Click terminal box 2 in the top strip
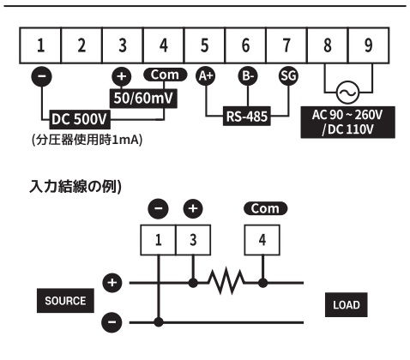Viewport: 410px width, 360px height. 81,45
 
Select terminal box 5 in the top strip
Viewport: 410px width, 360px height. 204,45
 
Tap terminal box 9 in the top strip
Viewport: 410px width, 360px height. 369,45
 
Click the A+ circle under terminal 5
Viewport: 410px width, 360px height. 206,76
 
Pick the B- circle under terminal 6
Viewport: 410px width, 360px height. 248,76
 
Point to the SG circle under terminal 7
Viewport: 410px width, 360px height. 288,76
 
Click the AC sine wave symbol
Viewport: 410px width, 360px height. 348,93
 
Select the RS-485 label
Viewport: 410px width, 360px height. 247,117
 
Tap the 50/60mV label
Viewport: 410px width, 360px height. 143,99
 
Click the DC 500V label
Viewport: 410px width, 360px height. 80,119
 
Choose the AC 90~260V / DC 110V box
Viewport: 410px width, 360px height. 348,123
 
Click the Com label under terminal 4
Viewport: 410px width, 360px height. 165,75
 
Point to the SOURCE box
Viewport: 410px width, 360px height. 65,301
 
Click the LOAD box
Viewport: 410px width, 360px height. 347,305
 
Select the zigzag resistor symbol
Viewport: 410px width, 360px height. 226,281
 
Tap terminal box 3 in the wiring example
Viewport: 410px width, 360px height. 193,240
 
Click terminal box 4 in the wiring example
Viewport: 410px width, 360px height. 262,240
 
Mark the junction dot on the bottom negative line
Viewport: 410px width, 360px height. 159,322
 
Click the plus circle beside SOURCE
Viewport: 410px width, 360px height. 112,283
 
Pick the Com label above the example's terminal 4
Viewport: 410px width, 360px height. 265,208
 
